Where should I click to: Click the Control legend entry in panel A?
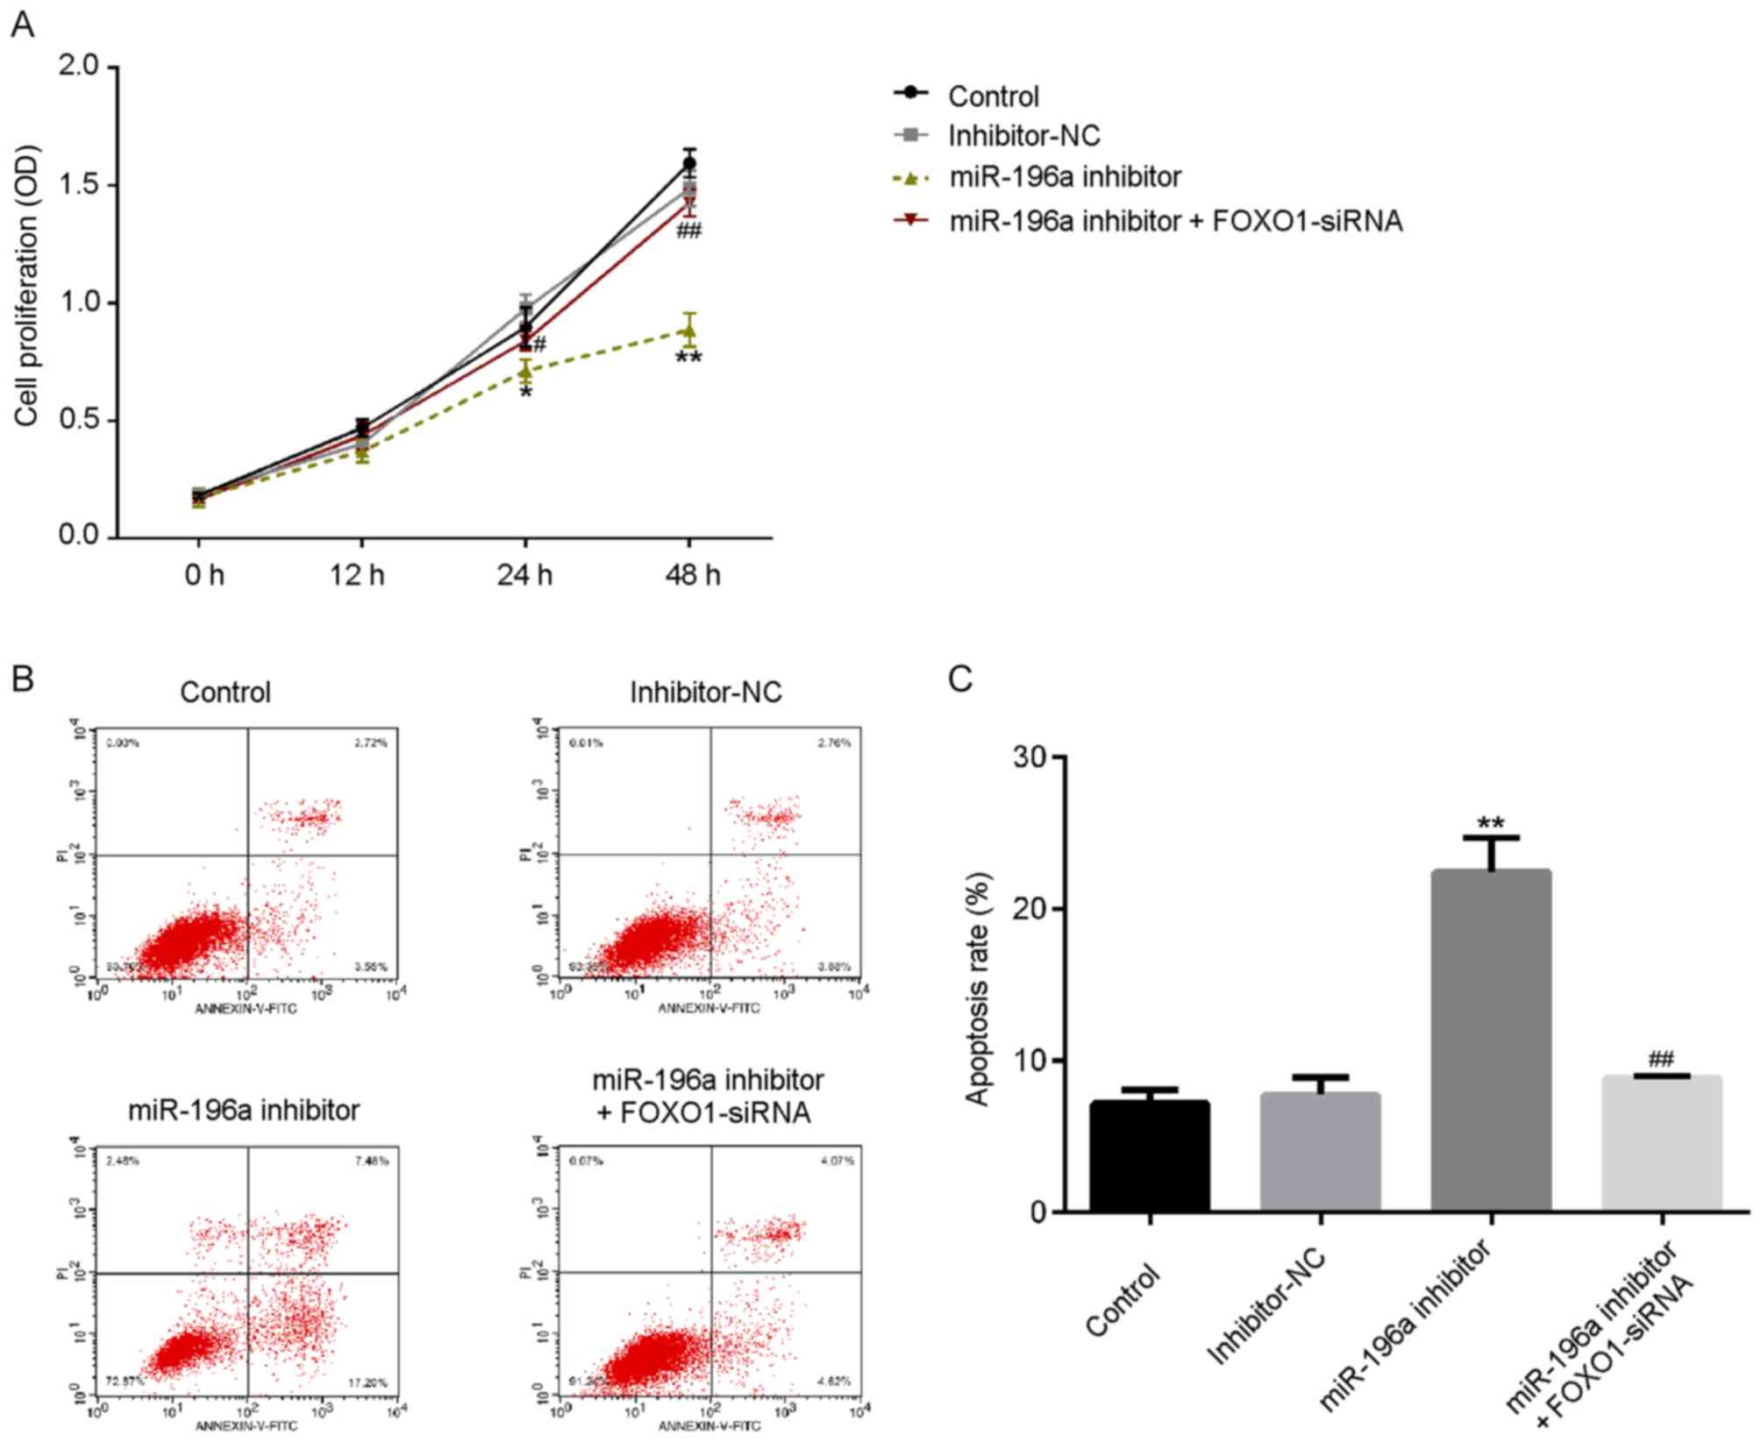point(993,96)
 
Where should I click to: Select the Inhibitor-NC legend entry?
point(1023,136)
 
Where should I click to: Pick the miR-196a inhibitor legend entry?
point(1065,177)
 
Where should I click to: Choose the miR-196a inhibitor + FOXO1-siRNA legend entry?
point(1175,221)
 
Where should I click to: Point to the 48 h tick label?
point(693,575)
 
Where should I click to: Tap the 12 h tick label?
point(357,575)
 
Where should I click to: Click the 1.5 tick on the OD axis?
point(79,185)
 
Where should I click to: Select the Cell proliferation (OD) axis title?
point(26,286)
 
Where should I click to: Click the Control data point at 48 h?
point(689,163)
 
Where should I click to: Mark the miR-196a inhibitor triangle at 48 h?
point(689,331)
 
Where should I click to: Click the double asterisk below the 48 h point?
point(688,359)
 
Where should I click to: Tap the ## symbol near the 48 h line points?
point(688,231)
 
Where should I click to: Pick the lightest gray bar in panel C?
point(1661,1143)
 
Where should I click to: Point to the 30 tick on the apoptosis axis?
point(1033,757)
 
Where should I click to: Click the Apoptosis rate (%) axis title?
point(978,988)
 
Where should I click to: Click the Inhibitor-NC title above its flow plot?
point(705,693)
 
